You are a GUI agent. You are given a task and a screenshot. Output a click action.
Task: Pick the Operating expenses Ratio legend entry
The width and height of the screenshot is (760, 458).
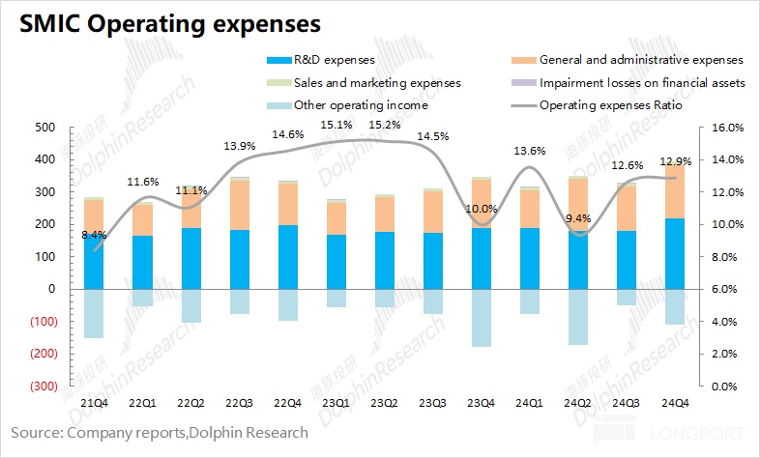point(611,105)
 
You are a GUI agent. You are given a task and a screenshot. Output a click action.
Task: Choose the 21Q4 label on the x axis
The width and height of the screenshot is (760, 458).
point(95,401)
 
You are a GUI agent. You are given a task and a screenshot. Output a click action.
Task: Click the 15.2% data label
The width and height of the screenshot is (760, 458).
point(384,125)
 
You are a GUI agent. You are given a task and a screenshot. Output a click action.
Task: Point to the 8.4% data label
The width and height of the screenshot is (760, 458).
point(95,236)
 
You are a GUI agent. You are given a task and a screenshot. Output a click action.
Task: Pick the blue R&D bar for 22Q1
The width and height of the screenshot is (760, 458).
point(143,262)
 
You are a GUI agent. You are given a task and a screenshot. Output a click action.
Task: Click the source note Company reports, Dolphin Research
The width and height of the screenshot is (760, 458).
point(160,434)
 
